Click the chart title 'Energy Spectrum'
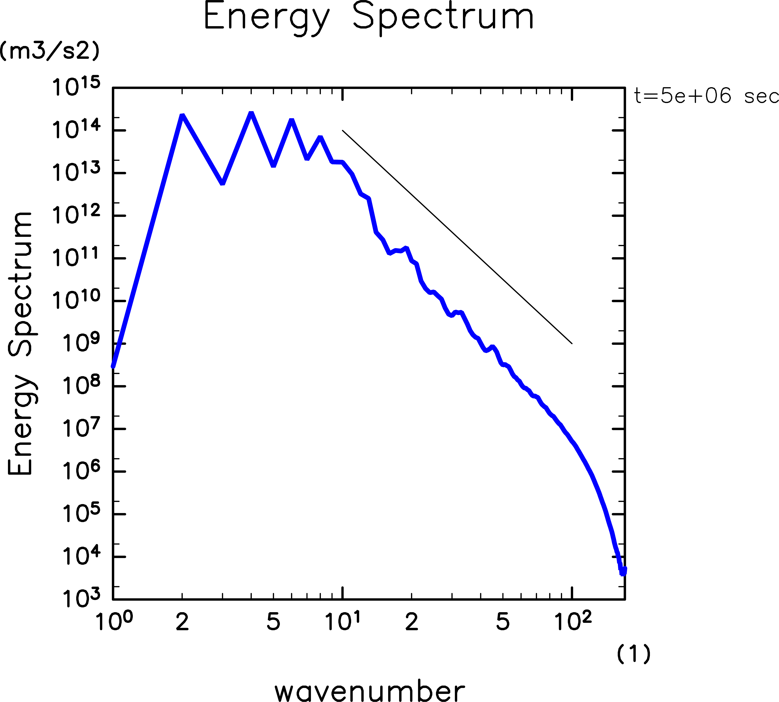pos(369,17)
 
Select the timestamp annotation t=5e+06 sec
pos(706,96)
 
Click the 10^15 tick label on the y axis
pos(76,87)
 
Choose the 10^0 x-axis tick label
pos(114,622)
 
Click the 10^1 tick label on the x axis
pos(343,622)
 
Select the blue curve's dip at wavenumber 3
pos(223,183)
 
